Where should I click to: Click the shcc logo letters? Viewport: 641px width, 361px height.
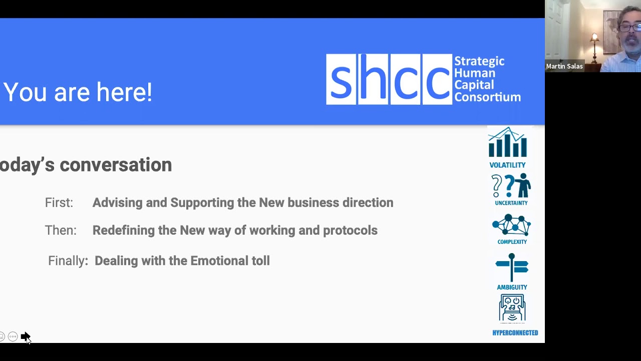[389, 79]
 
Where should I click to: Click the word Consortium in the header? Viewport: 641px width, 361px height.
[487, 97]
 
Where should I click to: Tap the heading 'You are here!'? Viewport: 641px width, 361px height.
[78, 93]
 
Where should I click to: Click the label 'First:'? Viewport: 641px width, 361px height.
[59, 203]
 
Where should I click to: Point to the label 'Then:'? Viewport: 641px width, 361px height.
[60, 230]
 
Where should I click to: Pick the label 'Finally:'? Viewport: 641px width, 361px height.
[68, 261]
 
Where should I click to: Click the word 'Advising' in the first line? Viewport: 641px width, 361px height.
[117, 203]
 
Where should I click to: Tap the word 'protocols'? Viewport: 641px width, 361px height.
[350, 230]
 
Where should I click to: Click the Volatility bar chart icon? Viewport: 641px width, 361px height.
[507, 143]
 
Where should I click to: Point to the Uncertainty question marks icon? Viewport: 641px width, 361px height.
[511, 186]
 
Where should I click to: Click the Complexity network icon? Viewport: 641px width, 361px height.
[511, 225]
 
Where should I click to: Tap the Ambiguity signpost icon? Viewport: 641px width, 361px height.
[511, 268]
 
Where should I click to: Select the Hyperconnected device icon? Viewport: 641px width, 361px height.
[512, 308]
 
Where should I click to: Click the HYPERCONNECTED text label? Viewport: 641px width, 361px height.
[515, 333]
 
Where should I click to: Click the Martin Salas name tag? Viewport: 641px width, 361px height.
[564, 66]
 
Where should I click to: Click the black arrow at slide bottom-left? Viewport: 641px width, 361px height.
[25, 336]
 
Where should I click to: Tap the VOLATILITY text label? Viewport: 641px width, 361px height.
[507, 165]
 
